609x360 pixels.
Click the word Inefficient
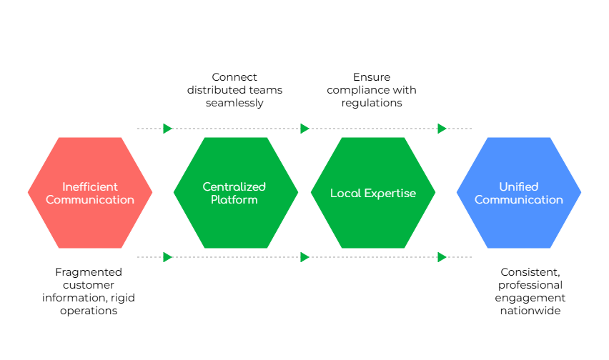click(90, 186)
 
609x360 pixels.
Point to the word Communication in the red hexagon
click(90, 199)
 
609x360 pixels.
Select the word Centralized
click(234, 186)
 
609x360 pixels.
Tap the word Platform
click(234, 199)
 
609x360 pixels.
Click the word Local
click(347, 193)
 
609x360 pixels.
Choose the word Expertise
click(391, 193)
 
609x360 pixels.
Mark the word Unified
click(519, 186)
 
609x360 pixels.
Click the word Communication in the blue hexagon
click(519, 199)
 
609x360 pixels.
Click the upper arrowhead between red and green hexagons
click(167, 129)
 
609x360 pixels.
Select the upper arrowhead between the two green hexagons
click(304, 129)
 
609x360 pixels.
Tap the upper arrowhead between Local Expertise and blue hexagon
click(442, 129)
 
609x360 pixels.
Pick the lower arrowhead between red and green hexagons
click(167, 257)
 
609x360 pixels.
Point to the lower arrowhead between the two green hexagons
click(304, 257)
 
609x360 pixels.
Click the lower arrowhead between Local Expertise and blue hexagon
click(442, 257)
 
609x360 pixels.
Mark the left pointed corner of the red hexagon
click(29, 193)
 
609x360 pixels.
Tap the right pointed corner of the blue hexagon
click(580, 193)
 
